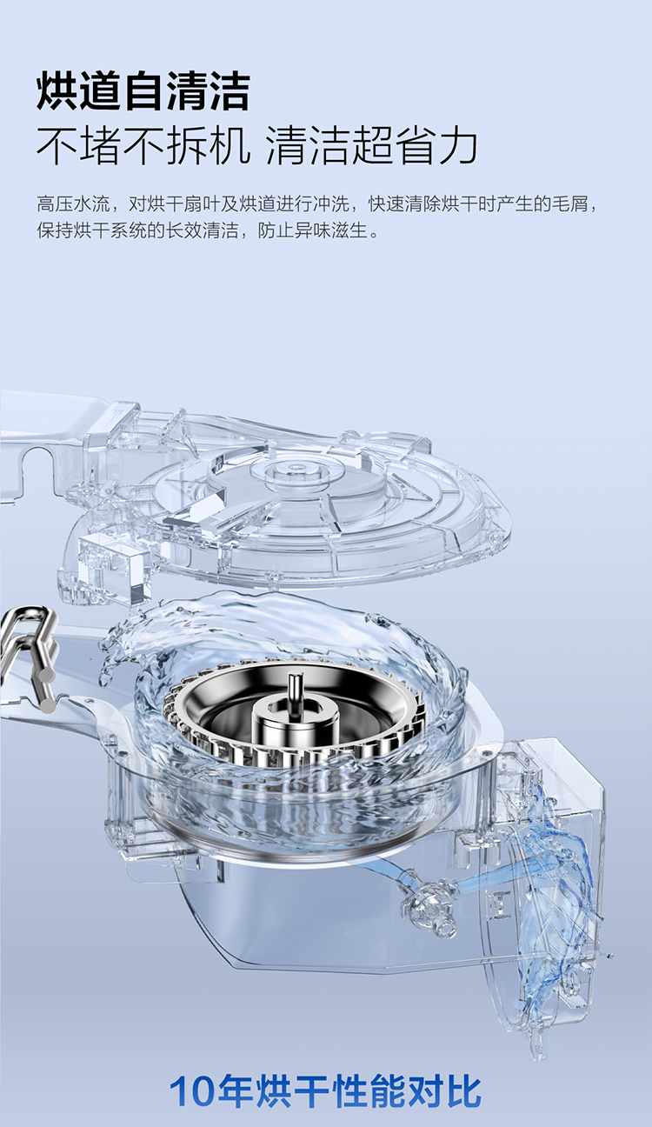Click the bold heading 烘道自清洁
click(x=143, y=91)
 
